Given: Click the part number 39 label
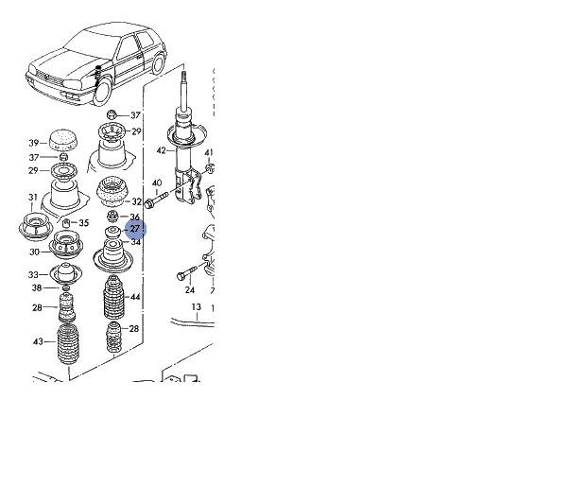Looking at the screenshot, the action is pyautogui.click(x=34, y=143).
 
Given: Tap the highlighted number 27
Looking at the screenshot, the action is pyautogui.click(x=135, y=229).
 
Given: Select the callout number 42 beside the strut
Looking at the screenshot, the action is pyautogui.click(x=161, y=150).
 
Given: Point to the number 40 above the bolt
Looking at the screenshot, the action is pyautogui.click(x=157, y=182).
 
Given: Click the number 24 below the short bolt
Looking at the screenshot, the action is pyautogui.click(x=190, y=289).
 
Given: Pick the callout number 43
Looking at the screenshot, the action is pyautogui.click(x=38, y=341).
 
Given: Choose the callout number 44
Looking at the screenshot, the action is pyautogui.click(x=135, y=297).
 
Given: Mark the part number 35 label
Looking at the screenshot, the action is pyautogui.click(x=84, y=223).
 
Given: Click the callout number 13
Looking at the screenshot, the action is pyautogui.click(x=197, y=307).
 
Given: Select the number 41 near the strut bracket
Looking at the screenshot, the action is pyautogui.click(x=209, y=152).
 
